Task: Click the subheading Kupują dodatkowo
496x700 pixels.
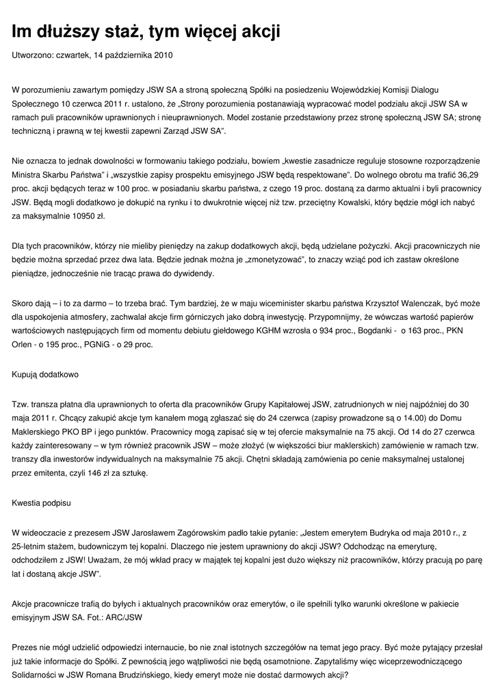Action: [x=45, y=375]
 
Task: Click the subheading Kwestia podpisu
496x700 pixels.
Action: [x=41, y=502]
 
